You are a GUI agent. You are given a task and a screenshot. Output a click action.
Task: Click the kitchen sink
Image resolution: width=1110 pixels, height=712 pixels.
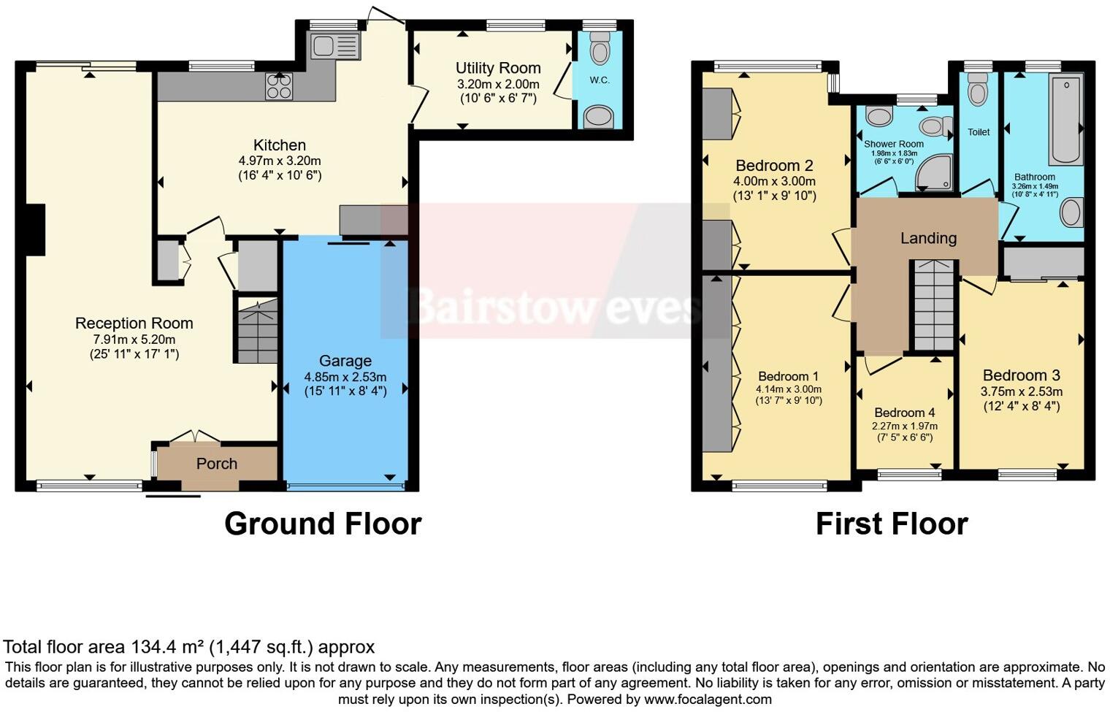[x=335, y=46]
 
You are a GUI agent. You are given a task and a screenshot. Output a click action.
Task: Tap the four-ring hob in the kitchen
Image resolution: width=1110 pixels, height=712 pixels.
[x=279, y=87]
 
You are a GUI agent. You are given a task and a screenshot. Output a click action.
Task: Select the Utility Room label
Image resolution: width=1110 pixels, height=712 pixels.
[x=498, y=68]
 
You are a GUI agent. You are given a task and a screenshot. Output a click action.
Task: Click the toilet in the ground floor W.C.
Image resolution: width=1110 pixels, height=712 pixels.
[x=600, y=51]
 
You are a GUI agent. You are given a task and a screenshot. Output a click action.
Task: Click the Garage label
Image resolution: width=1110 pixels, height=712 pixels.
[x=345, y=361]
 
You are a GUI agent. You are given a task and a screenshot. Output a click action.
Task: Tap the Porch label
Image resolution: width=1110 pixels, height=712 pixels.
[x=217, y=464]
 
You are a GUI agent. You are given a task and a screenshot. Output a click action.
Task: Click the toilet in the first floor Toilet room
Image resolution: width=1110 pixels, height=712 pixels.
[x=977, y=93]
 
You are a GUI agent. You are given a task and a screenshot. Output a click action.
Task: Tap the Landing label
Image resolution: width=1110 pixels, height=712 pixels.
[x=928, y=238]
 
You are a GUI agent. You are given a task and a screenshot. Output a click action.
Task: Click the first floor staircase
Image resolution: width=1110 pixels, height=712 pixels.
[x=934, y=306]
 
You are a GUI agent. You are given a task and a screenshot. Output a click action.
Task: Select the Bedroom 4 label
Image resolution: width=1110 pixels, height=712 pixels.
[x=904, y=413]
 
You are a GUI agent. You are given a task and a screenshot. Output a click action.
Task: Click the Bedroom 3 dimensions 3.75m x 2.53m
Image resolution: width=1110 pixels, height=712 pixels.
[x=1021, y=391]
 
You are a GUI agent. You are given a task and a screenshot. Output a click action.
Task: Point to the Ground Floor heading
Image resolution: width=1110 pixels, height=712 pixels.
[x=323, y=524]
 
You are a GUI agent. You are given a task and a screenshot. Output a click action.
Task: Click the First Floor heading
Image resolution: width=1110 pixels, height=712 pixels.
[x=892, y=524]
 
